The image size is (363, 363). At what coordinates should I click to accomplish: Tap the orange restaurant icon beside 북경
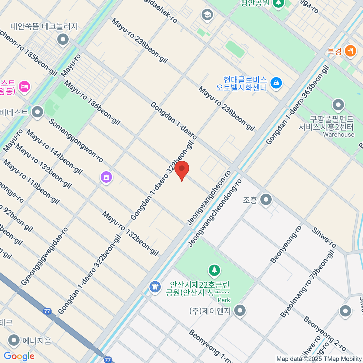coord(350,51)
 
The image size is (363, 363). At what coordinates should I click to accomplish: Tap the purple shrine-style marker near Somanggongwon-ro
coord(106,177)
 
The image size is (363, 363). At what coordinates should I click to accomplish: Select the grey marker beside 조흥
coord(266,200)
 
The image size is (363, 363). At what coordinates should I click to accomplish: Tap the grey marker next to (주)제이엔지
coord(240,311)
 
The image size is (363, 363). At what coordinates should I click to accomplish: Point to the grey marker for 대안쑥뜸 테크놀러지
coord(63,39)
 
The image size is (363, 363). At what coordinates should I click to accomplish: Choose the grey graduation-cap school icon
coord(207,15)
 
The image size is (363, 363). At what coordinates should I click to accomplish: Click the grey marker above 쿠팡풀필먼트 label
coord(338,105)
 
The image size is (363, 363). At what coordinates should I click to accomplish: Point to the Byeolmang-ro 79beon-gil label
coord(307,284)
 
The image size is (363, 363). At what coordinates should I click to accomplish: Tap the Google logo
coord(19,356)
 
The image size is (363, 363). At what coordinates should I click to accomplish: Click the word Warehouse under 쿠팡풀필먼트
coord(338,135)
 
